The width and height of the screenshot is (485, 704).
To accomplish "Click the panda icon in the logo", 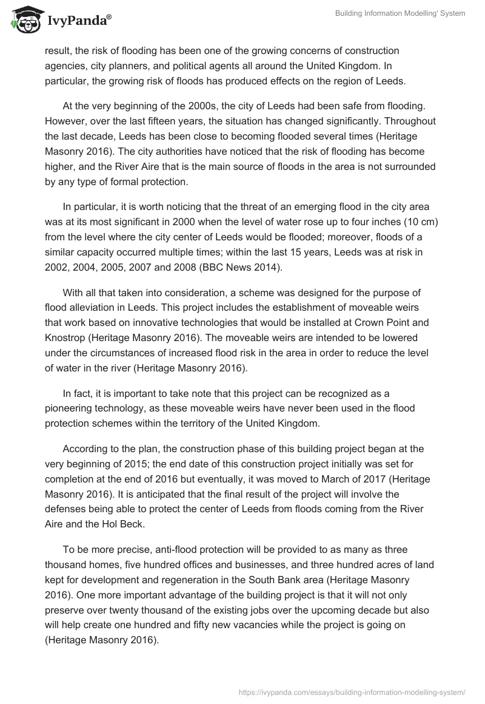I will click(24, 20).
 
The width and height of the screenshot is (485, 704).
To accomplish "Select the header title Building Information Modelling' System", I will click(400, 13).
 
